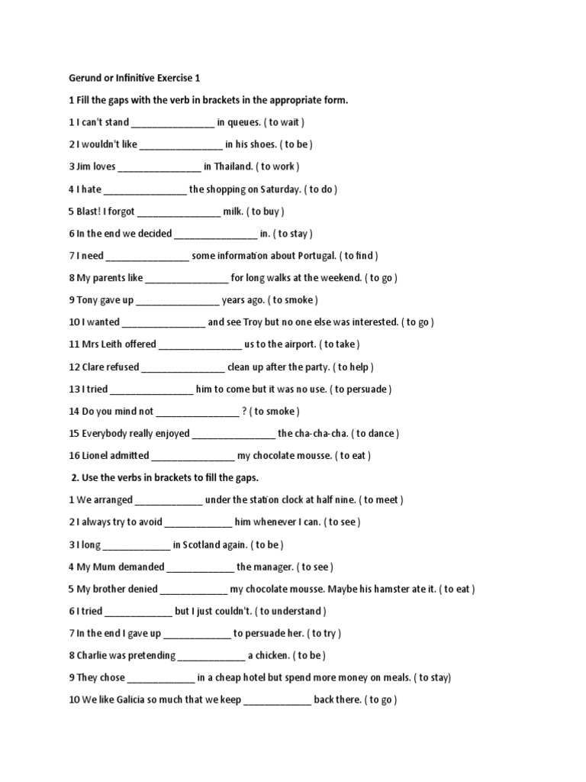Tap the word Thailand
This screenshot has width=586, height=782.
[x=233, y=166]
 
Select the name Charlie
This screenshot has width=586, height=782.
[x=94, y=656]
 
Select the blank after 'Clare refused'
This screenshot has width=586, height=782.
[x=183, y=367]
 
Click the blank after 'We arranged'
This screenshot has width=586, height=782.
[x=169, y=500]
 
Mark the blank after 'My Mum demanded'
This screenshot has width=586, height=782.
[x=200, y=567]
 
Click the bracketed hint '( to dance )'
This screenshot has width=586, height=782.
[x=377, y=434]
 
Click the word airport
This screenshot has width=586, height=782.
[x=291, y=345]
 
